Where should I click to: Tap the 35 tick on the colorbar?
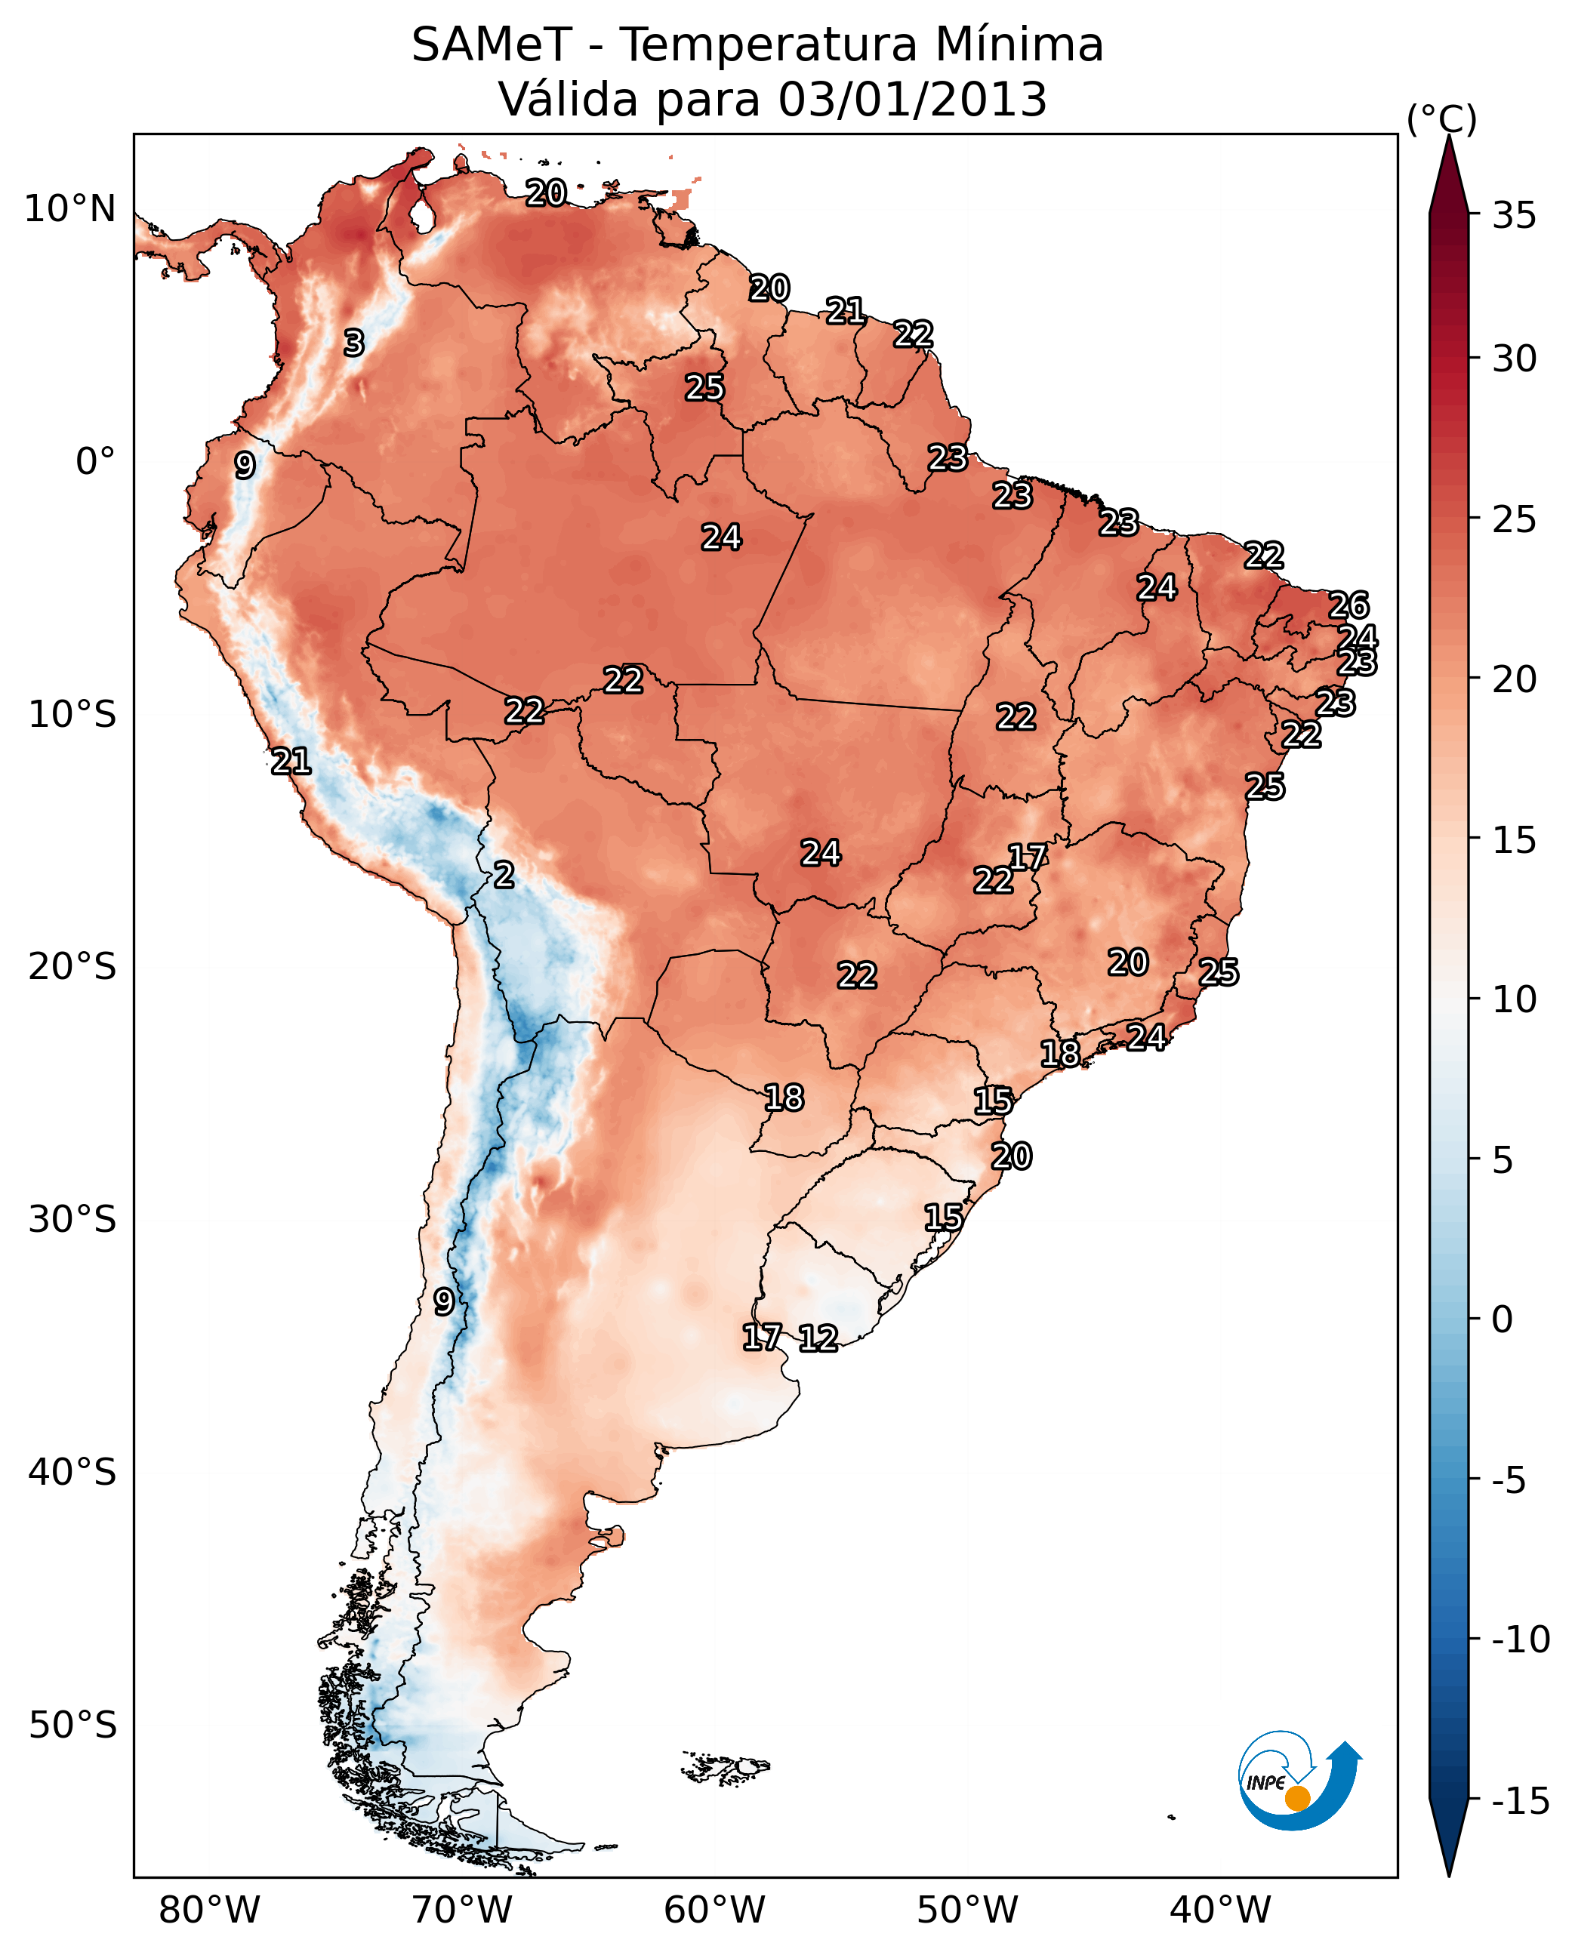1514,216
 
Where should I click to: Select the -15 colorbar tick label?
1521,1802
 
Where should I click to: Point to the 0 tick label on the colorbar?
1503,1319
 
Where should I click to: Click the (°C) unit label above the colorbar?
1441,119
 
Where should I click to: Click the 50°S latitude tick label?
72,1726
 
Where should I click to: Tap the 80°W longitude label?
210,1911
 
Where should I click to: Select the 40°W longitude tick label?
1220,1911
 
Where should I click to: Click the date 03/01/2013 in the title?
912,100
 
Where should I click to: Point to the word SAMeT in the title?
492,45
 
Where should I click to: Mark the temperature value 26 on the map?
1348,605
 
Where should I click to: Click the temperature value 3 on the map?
354,343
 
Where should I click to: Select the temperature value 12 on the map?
818,1339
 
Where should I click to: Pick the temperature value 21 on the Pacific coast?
291,761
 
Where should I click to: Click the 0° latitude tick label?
95,462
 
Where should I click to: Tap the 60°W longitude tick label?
715,1911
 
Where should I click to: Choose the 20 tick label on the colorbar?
1514,679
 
